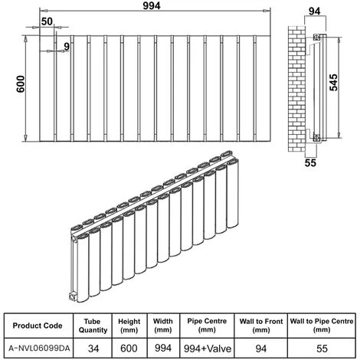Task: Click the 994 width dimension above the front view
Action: coord(152,5)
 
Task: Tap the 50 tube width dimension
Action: coord(47,21)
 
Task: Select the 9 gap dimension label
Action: coord(67,47)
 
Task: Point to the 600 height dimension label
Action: coord(21,84)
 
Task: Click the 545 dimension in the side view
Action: coord(333,83)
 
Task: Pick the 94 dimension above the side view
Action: coord(314,11)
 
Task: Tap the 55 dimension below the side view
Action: coord(310,162)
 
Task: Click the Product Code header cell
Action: coord(38,326)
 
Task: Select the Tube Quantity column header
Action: coord(93,326)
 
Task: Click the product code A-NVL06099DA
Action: coord(39,349)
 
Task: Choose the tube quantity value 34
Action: coord(93,349)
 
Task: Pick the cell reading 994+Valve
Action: coord(208,349)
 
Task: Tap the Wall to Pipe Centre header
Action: coord(322,326)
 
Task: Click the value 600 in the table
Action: coord(129,349)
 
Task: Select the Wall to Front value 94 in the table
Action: coord(261,349)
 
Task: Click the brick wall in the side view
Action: coord(297,89)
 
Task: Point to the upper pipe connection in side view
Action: coord(316,38)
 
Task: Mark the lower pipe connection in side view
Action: coord(316,138)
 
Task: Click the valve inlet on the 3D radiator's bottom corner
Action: coord(72,296)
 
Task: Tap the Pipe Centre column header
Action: coord(207,326)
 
